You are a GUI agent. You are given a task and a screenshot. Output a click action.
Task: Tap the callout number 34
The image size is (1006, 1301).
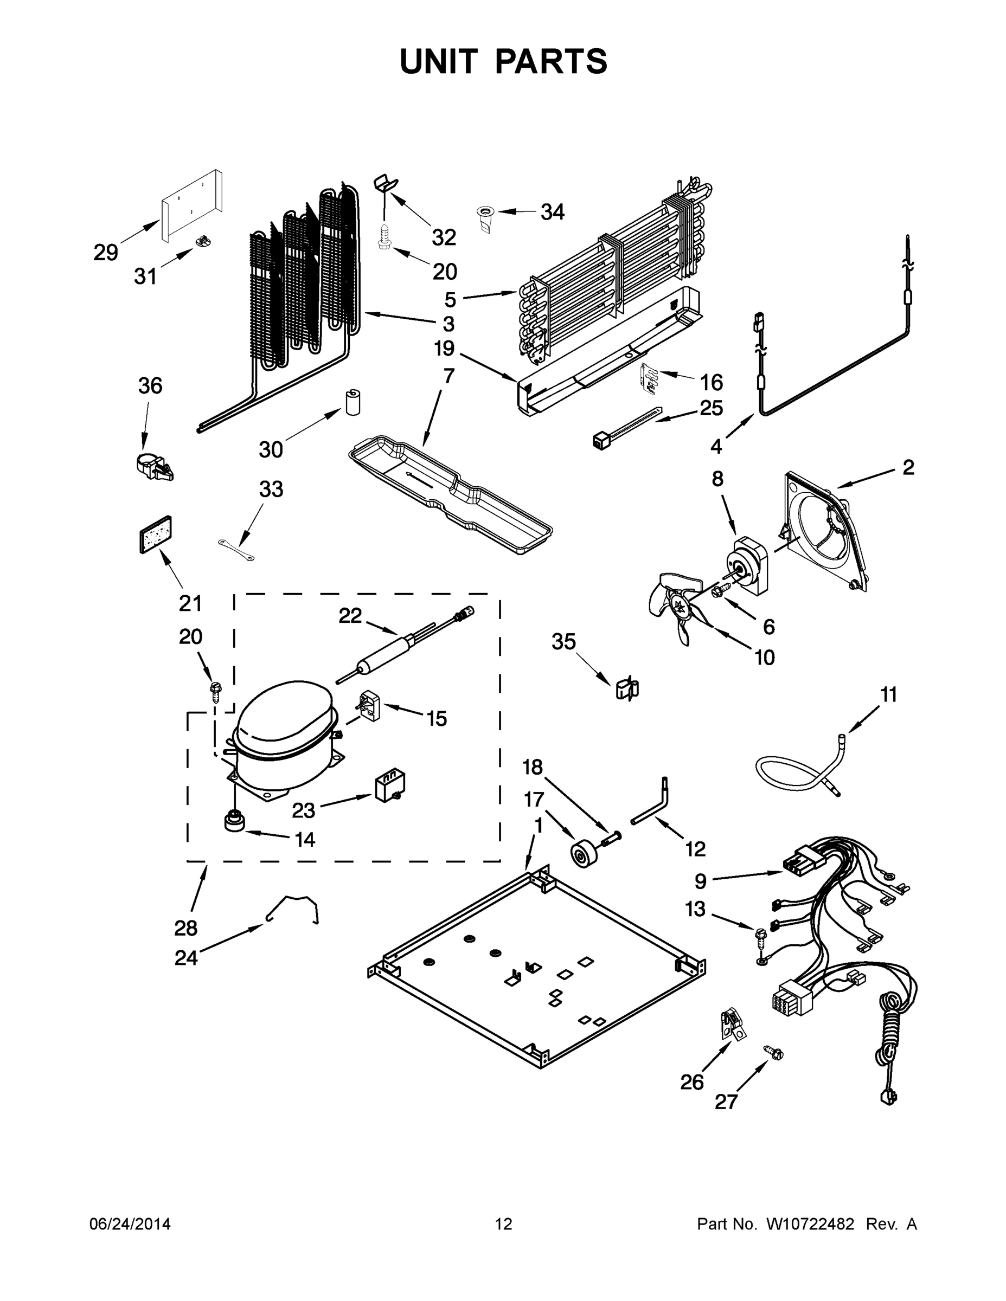point(552,211)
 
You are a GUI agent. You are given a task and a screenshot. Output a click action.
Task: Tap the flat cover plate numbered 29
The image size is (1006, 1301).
point(192,207)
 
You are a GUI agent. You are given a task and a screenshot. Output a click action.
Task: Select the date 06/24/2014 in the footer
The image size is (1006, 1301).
point(130,1223)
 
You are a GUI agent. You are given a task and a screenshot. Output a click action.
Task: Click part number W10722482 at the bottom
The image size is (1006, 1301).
point(810,1223)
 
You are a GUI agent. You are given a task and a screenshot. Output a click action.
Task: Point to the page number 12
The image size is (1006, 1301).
point(504,1223)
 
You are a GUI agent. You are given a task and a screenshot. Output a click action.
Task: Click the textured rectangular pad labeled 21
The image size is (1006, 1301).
point(156,534)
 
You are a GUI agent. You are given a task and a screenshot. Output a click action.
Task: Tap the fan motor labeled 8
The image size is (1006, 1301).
point(749,566)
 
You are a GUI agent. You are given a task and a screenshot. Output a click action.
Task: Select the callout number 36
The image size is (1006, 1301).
point(150,386)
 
